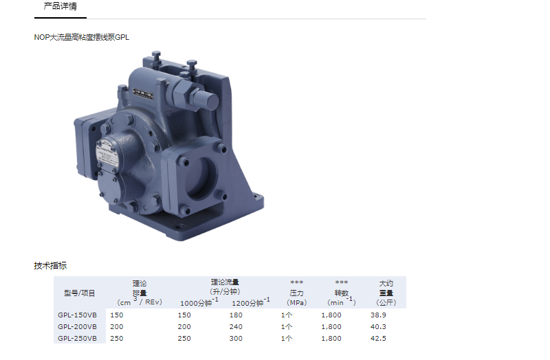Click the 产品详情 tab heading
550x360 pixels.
point(60,6)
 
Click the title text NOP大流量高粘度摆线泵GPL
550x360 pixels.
point(81,37)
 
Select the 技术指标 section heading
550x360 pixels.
point(50,265)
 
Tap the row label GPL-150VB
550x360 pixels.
point(77,315)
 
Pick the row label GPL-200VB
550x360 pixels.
point(77,327)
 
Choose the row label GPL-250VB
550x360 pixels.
point(77,338)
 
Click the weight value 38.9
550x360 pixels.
point(378,315)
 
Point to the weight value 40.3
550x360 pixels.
point(378,327)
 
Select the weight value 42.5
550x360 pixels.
point(378,338)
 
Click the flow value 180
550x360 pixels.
point(236,315)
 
